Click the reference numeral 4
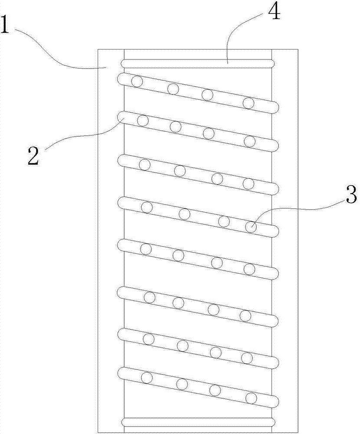click(275, 13)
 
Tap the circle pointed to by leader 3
click(251, 227)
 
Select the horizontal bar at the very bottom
click(198, 422)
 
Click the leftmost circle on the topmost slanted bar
click(137, 81)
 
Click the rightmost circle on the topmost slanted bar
click(249, 103)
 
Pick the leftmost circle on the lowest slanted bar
click(147, 378)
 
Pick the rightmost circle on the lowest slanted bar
click(251, 398)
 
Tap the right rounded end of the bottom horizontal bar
click(272, 422)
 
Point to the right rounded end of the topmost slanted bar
click(274, 107)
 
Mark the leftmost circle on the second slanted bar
click(143, 120)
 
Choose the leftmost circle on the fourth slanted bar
click(147, 207)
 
